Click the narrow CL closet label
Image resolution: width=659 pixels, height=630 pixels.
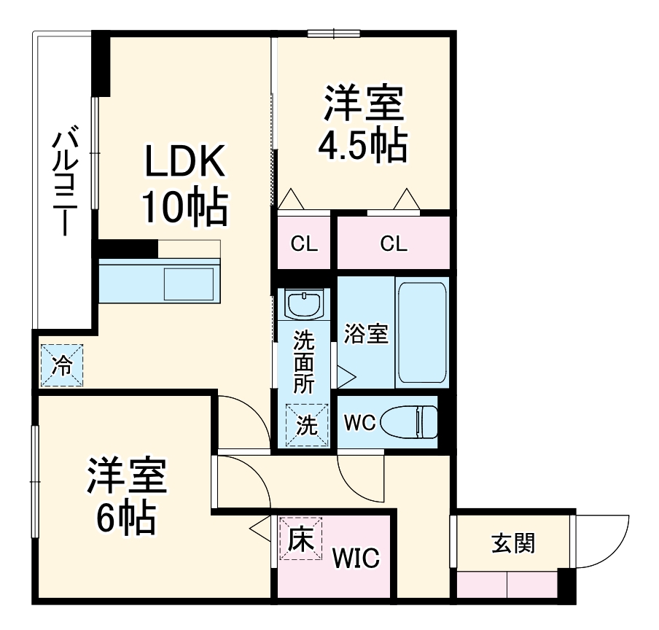coord(305,244)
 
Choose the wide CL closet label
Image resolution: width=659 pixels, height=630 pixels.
coord(394,244)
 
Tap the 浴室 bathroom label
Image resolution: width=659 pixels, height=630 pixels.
coord(365,335)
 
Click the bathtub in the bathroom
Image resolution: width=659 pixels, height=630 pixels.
coord(422,334)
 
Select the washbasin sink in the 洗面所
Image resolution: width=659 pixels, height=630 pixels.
coord(303,304)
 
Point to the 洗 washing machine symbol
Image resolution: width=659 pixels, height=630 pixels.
coord(306,424)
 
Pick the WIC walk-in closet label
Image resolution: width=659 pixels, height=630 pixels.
coord(356,559)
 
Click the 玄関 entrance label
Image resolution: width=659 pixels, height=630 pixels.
coord(512,542)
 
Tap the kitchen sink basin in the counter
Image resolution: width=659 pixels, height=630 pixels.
coord(188,284)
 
